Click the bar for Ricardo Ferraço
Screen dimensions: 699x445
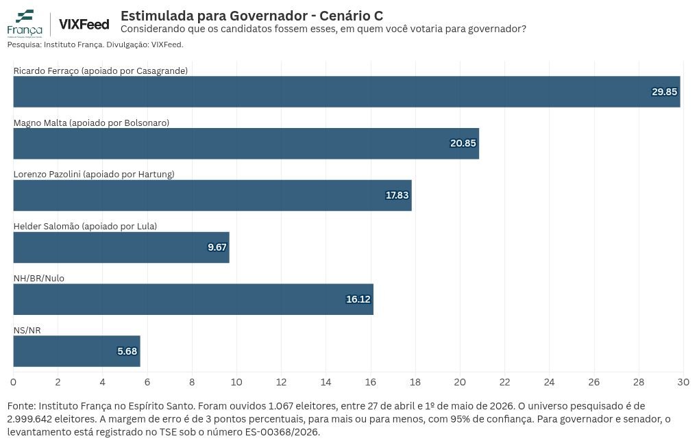(x=347, y=92)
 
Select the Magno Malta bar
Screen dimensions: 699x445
(x=246, y=144)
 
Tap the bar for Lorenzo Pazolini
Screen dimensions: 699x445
(x=212, y=196)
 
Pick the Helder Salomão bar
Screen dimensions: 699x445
(x=121, y=247)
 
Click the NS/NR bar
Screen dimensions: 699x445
(x=77, y=351)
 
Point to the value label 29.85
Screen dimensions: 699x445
(x=664, y=92)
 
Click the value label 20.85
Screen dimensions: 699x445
(x=463, y=144)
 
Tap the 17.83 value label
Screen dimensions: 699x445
(x=397, y=196)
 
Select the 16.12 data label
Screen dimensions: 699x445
(x=358, y=299)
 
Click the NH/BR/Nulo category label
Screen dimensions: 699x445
(x=39, y=279)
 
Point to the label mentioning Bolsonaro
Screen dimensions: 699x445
(x=91, y=123)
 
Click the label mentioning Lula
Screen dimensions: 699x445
(x=85, y=227)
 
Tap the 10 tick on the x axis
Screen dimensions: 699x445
(x=236, y=382)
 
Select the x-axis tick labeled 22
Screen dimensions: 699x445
(x=504, y=382)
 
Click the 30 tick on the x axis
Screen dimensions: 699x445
(x=683, y=382)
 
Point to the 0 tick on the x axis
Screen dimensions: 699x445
(x=14, y=382)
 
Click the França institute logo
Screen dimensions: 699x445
(x=25, y=23)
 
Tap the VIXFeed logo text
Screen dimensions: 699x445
(x=84, y=24)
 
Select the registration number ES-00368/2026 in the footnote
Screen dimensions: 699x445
(x=282, y=432)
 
